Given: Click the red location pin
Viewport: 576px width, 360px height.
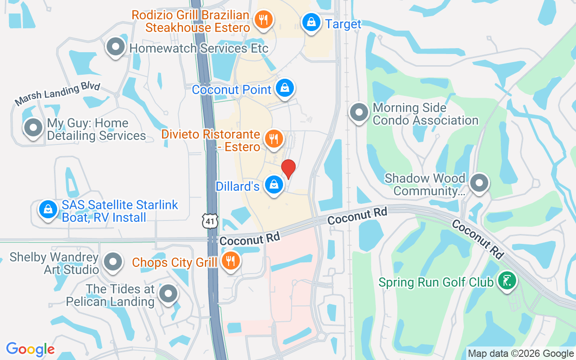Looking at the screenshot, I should coord(288,169).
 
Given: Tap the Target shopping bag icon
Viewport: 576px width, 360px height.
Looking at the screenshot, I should coord(310,21).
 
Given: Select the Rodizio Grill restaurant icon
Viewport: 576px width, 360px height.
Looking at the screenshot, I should coord(261,20).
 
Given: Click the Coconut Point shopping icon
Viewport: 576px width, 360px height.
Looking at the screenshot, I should coord(285,88).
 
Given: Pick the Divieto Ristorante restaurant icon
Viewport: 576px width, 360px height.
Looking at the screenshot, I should coord(273,139).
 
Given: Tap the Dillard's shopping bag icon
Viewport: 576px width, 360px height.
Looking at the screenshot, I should coord(273,184).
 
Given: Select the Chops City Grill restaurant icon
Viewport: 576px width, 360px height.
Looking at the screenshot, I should coord(231,261).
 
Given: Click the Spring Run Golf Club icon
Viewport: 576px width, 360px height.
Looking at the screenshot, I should coord(507,281).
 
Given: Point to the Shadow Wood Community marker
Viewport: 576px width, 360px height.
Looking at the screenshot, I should coord(479,183).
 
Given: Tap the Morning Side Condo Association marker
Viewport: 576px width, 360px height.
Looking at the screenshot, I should coord(359,112).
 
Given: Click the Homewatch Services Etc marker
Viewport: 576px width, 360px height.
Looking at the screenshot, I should coord(116,46).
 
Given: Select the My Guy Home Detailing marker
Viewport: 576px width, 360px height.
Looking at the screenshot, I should coord(33,128).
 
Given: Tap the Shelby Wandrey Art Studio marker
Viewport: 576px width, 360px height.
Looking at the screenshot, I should coord(112,261).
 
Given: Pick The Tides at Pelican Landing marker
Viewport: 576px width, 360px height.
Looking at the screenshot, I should coord(169,294).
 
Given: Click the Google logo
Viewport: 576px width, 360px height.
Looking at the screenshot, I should coord(31,349).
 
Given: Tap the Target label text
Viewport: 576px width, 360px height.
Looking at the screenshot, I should coord(343,24).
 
